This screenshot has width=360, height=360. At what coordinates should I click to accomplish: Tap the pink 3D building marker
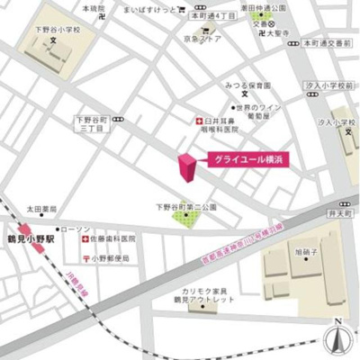(186, 167)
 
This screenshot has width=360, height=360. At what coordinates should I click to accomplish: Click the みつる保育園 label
(248, 85)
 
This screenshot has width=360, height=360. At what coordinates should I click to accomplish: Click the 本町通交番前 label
(328, 42)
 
